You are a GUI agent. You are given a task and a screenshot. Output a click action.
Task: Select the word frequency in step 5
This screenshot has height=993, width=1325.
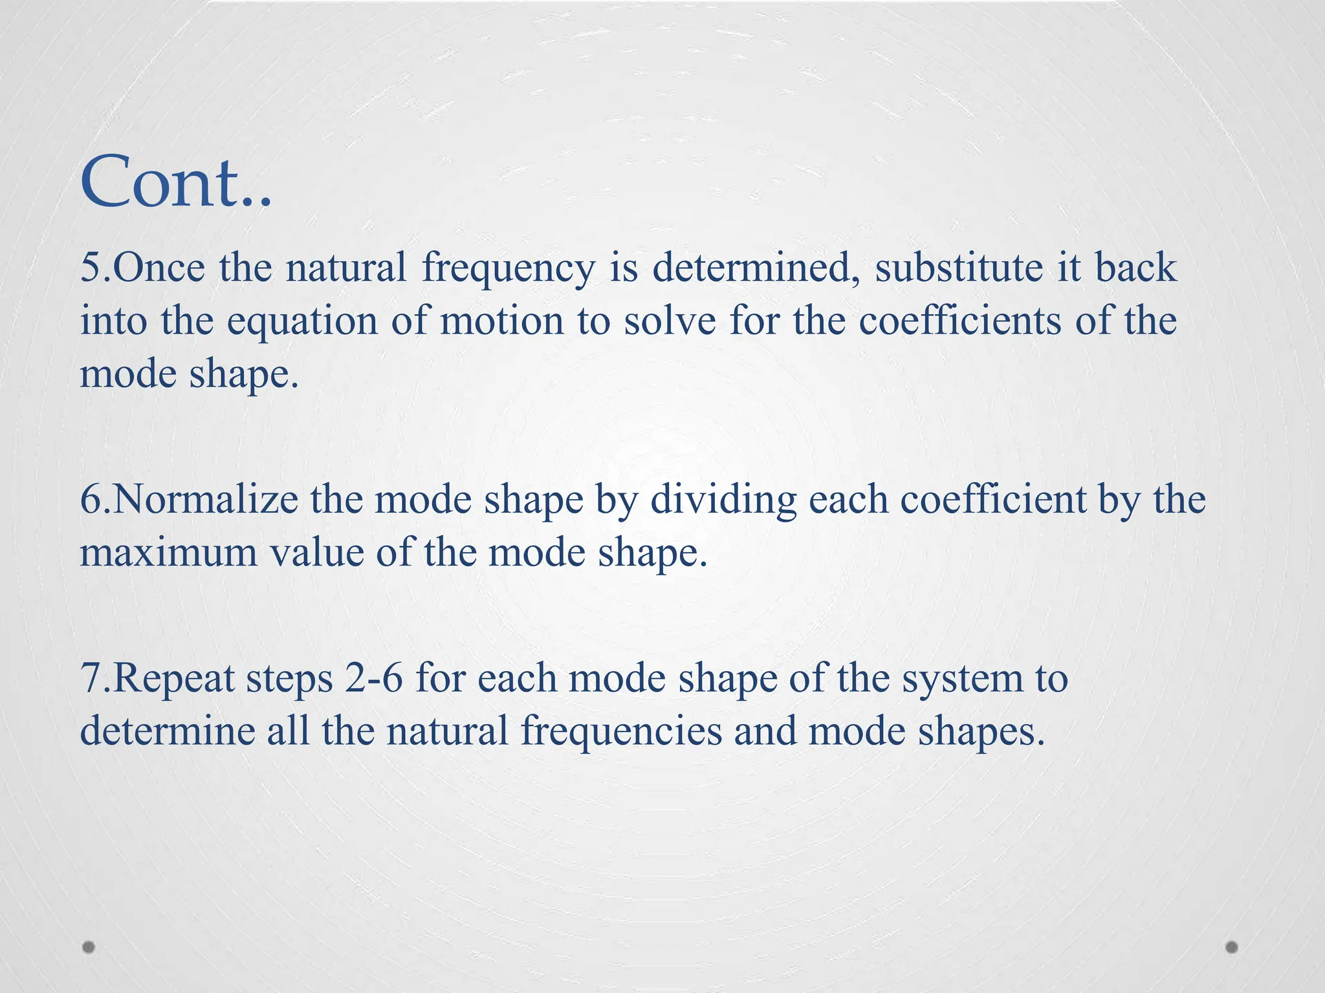click(x=507, y=269)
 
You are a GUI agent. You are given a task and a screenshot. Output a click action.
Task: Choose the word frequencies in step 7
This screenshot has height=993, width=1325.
click(x=621, y=733)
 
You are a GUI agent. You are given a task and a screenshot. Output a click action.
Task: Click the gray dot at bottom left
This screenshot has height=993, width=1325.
click(x=89, y=947)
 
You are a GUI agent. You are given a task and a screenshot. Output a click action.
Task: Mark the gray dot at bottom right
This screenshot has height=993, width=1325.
click(x=1231, y=947)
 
